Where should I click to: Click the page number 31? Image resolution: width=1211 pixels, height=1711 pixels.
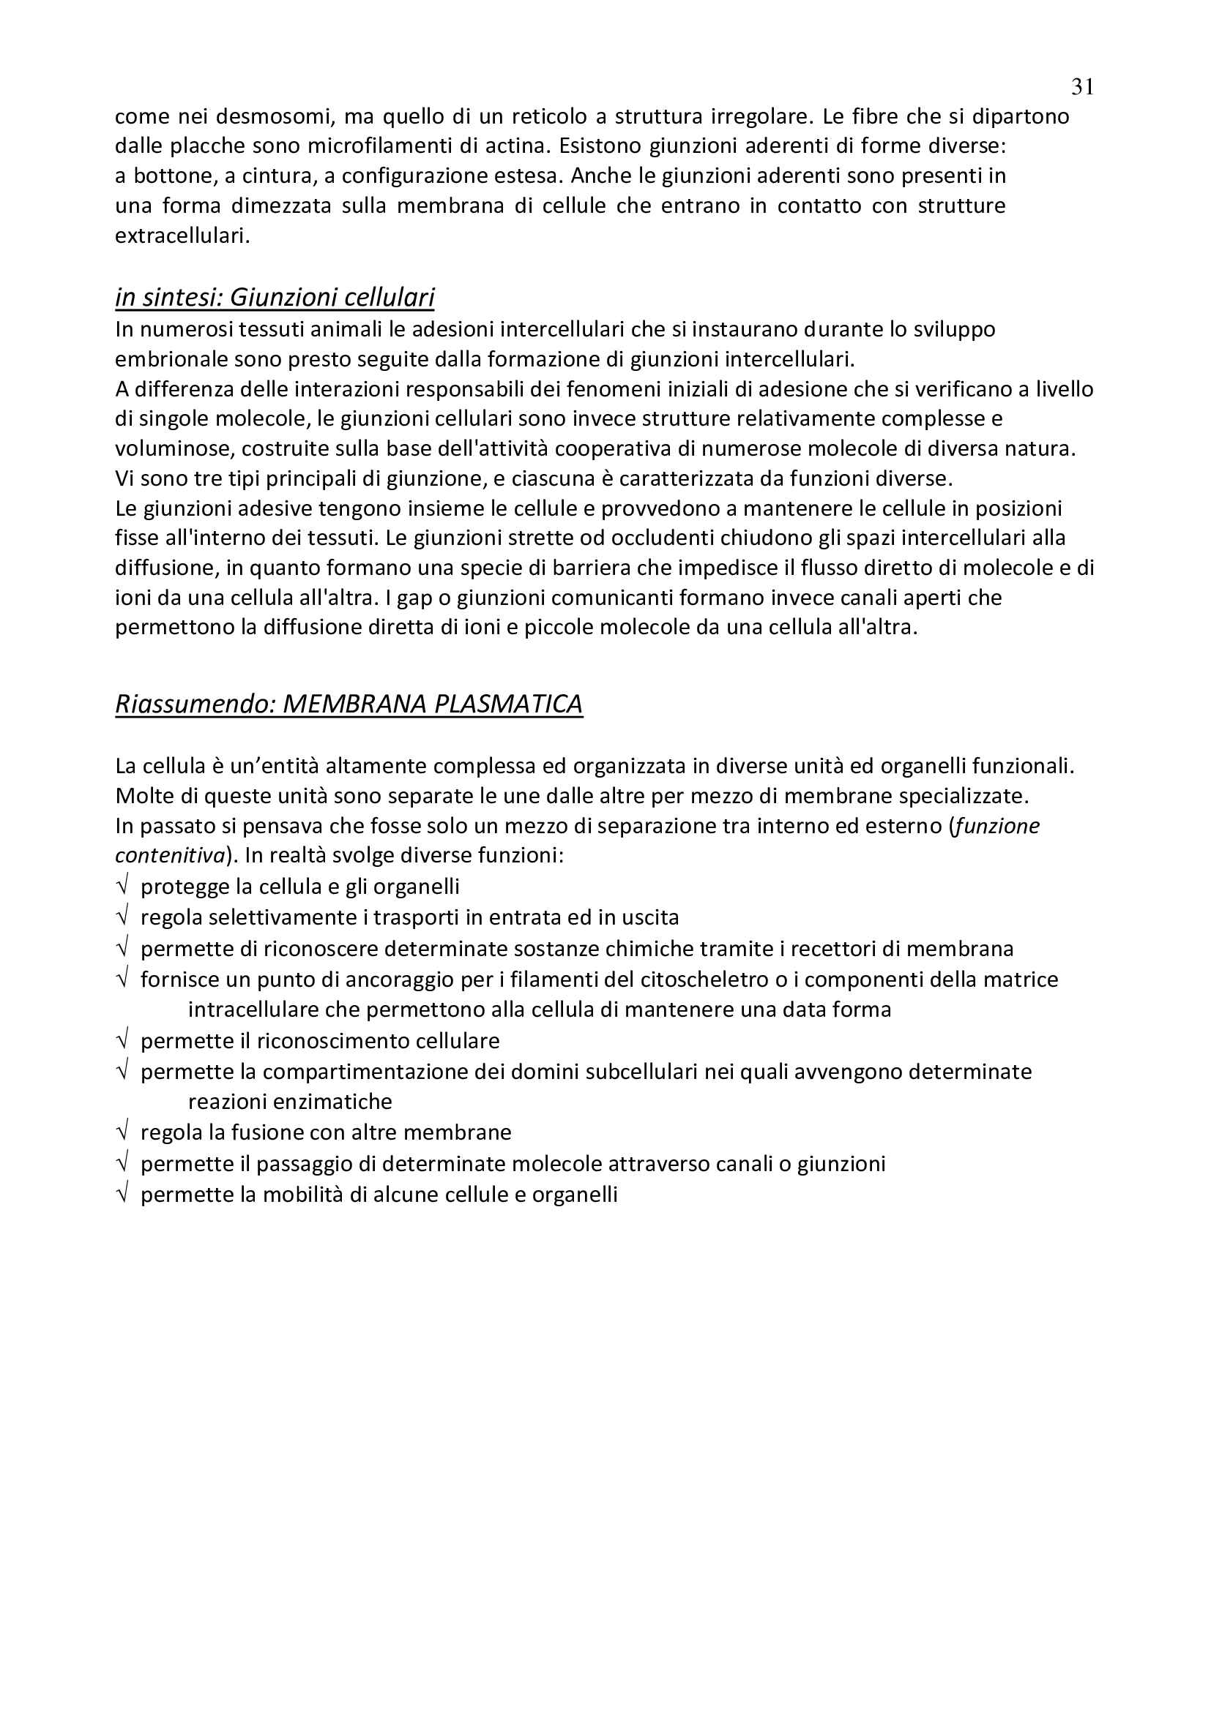coord(1082,88)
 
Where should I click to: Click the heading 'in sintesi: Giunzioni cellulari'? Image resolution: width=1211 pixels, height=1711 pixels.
coord(275,297)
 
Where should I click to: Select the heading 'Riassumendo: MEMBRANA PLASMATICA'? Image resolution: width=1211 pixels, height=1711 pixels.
coord(349,704)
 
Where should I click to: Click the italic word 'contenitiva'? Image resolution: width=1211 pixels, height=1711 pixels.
coord(170,856)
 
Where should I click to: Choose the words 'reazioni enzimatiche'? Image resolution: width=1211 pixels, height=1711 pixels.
coord(290,1102)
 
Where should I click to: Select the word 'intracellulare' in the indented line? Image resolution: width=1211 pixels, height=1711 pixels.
coord(254,1009)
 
